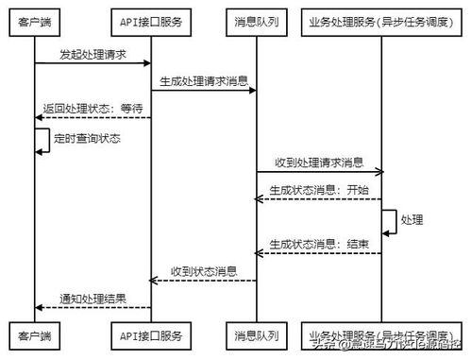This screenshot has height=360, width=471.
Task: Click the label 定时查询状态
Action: pyautogui.click(x=87, y=138)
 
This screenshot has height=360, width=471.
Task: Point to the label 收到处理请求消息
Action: pyautogui.click(x=319, y=163)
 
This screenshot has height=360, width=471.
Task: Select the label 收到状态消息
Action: pyautogui.click(x=204, y=271)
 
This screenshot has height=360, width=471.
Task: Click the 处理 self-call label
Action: pyautogui.click(x=412, y=219)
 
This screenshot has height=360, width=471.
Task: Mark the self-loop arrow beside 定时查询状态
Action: pyautogui.click(x=44, y=140)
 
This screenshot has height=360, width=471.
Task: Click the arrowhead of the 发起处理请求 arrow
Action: pyautogui.click(x=147, y=64)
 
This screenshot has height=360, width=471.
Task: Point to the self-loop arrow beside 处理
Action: pyautogui.click(x=392, y=219)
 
